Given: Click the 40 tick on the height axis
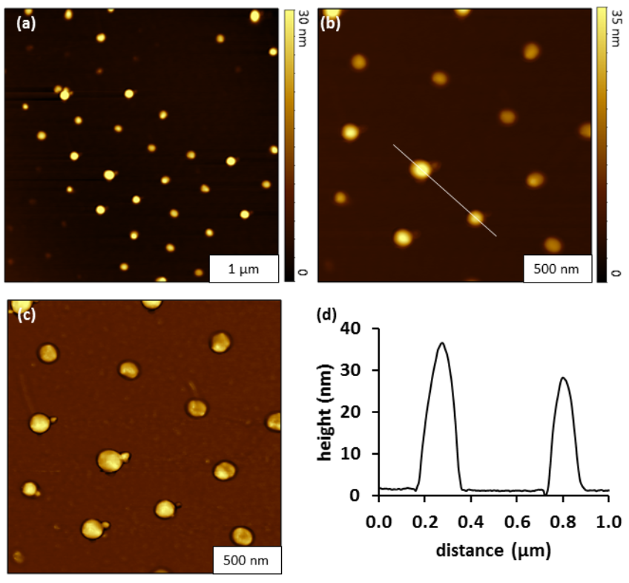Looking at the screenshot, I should coord(360,329).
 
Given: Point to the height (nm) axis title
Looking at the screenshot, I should coord(327,412).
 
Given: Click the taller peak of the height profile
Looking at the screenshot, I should coord(442,343).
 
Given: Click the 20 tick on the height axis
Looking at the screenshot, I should coord(360,412).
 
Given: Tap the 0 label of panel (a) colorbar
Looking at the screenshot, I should coord(303,273).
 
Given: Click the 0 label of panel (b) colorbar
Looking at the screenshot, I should coord(614,273).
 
